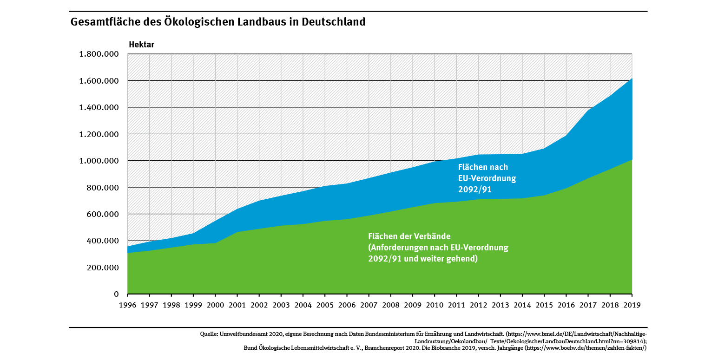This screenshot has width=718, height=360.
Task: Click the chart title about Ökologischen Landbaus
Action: coord(217,22)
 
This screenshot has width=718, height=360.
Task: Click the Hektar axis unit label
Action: coord(141,45)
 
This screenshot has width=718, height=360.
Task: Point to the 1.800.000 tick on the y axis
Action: coord(99,54)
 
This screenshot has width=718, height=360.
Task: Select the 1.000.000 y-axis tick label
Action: coord(99,161)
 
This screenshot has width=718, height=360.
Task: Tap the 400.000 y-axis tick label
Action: coord(102,241)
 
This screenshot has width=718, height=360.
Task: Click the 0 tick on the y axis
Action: coord(117,295)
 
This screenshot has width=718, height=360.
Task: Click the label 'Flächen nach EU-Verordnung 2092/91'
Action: coord(487,178)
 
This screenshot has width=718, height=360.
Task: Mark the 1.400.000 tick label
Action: coord(99,108)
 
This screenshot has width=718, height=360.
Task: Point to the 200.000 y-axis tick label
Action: coord(102,268)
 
